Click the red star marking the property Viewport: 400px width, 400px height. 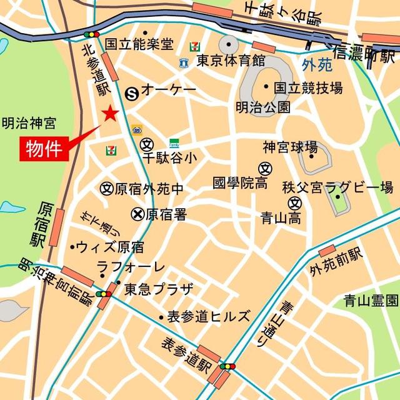pyautogui.click(x=111, y=113)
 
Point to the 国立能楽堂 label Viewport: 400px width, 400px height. pyautogui.click(x=139, y=44)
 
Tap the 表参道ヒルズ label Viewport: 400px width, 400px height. pyautogui.click(x=208, y=316)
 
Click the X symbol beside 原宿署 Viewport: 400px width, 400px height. pyautogui.click(x=137, y=214)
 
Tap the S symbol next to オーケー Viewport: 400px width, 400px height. pyautogui.click(x=132, y=93)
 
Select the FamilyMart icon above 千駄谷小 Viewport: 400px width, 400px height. pyautogui.click(x=174, y=143)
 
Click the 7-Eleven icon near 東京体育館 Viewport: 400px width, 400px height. pyautogui.click(x=194, y=46)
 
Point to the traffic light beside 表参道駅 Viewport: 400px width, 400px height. pyautogui.click(x=227, y=366)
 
